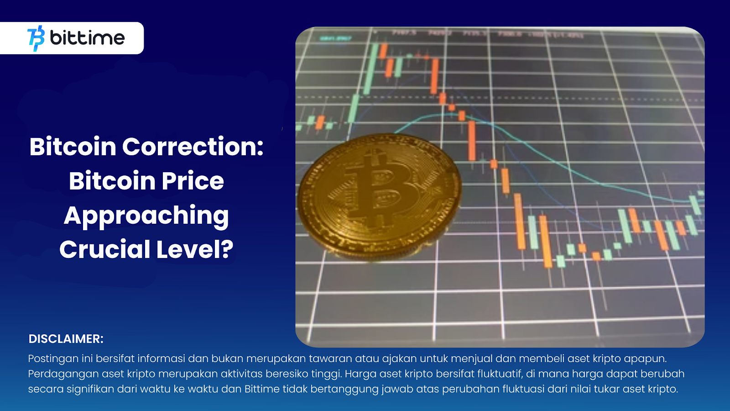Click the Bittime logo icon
click(x=36, y=38)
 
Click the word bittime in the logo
click(x=87, y=38)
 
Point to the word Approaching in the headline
click(x=146, y=216)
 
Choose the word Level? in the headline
click(x=195, y=249)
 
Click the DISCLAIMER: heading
click(x=66, y=339)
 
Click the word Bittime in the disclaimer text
click(x=262, y=389)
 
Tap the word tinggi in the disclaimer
click(x=326, y=374)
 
